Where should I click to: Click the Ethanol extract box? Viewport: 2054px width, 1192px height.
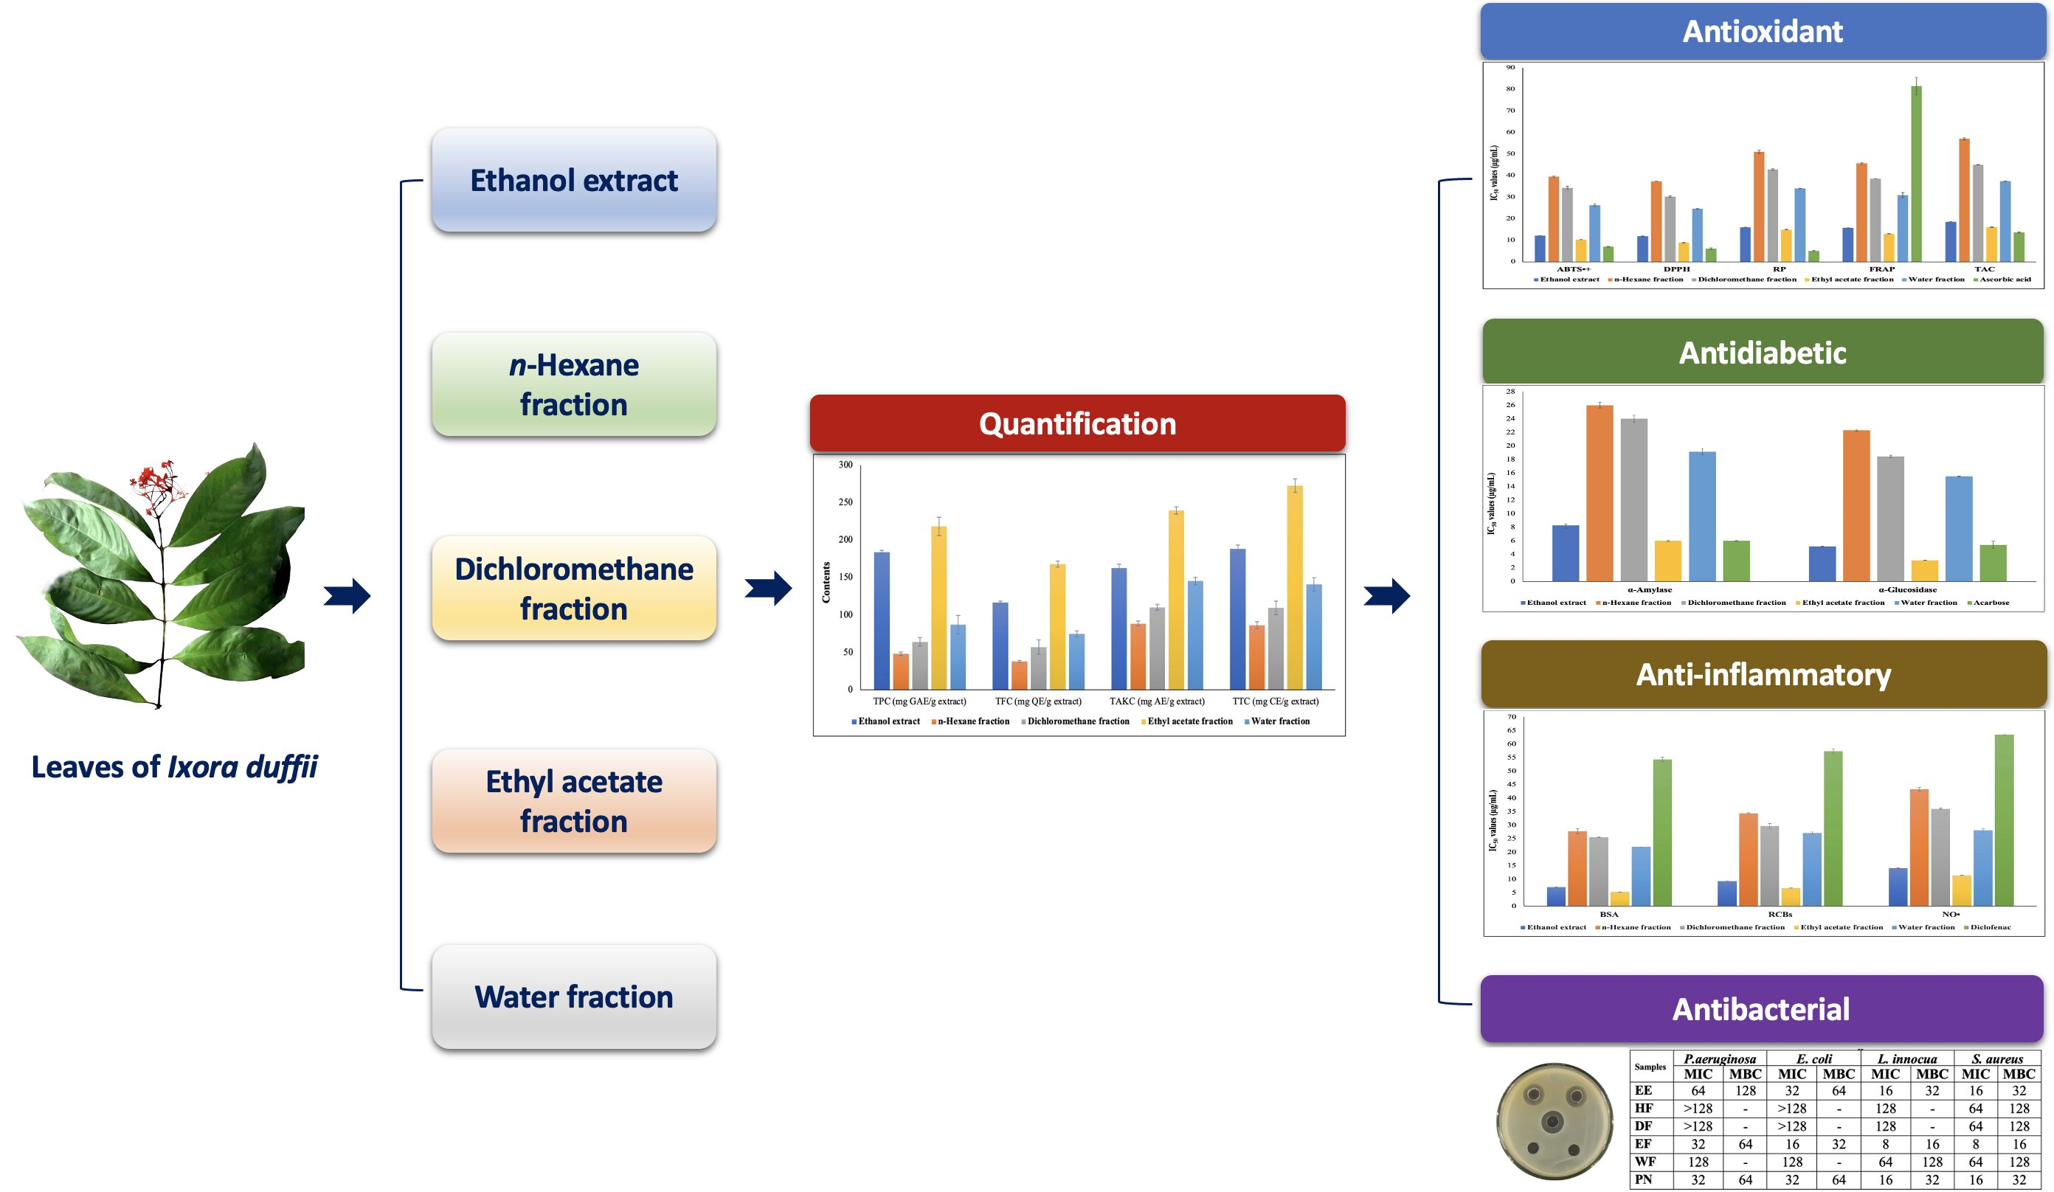(x=574, y=180)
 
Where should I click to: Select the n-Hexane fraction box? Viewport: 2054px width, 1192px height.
(x=574, y=384)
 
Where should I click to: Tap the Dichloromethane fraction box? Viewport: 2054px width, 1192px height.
(x=574, y=589)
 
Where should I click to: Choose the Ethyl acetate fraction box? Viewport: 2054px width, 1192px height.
(x=574, y=801)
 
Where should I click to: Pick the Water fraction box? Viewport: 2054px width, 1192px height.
(x=574, y=997)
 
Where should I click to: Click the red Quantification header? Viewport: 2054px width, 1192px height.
(x=1076, y=423)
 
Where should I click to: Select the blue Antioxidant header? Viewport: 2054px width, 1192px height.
(x=1762, y=31)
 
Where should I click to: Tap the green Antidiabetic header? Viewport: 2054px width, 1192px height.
(x=1762, y=352)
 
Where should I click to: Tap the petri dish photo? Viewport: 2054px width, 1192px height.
(x=1555, y=1120)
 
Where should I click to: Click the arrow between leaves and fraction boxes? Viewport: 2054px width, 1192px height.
(x=347, y=595)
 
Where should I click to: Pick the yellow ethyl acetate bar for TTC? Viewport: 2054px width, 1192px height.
(x=1294, y=586)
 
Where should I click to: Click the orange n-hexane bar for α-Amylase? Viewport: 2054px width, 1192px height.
(x=1600, y=493)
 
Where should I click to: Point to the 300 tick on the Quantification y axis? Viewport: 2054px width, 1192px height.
(x=846, y=465)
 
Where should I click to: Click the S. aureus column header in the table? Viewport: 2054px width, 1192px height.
(x=1997, y=1058)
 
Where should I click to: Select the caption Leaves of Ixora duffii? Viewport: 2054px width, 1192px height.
(x=174, y=766)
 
